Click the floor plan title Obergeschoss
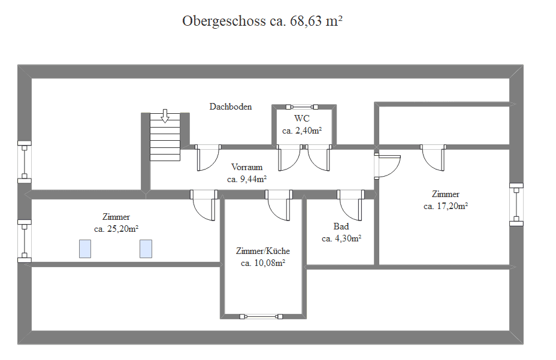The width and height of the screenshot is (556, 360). (223, 22)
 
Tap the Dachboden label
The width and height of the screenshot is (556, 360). (231, 107)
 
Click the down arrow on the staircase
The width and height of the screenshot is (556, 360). (165, 116)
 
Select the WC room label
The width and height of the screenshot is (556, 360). (302, 118)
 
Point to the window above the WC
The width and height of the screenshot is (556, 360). (302, 107)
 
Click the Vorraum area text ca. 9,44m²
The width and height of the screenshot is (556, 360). (247, 179)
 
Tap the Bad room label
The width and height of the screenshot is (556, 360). (341, 226)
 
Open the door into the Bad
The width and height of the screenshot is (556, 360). (350, 205)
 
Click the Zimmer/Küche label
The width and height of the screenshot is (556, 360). (263, 251)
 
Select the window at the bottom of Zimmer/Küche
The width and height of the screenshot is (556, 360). (261, 316)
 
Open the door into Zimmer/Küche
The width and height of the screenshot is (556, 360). (279, 205)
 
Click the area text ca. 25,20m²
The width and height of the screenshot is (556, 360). (116, 229)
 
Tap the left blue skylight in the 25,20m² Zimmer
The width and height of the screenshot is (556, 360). (85, 249)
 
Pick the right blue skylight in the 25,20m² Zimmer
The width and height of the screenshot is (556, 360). (146, 249)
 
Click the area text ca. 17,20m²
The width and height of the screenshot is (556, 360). (446, 206)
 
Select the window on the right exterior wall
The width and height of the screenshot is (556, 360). (516, 205)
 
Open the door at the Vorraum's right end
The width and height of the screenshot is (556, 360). (387, 166)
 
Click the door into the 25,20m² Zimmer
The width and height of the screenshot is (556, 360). (204, 205)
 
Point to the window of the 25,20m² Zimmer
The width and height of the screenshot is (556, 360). (25, 241)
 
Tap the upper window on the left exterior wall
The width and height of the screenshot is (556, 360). (25, 162)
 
